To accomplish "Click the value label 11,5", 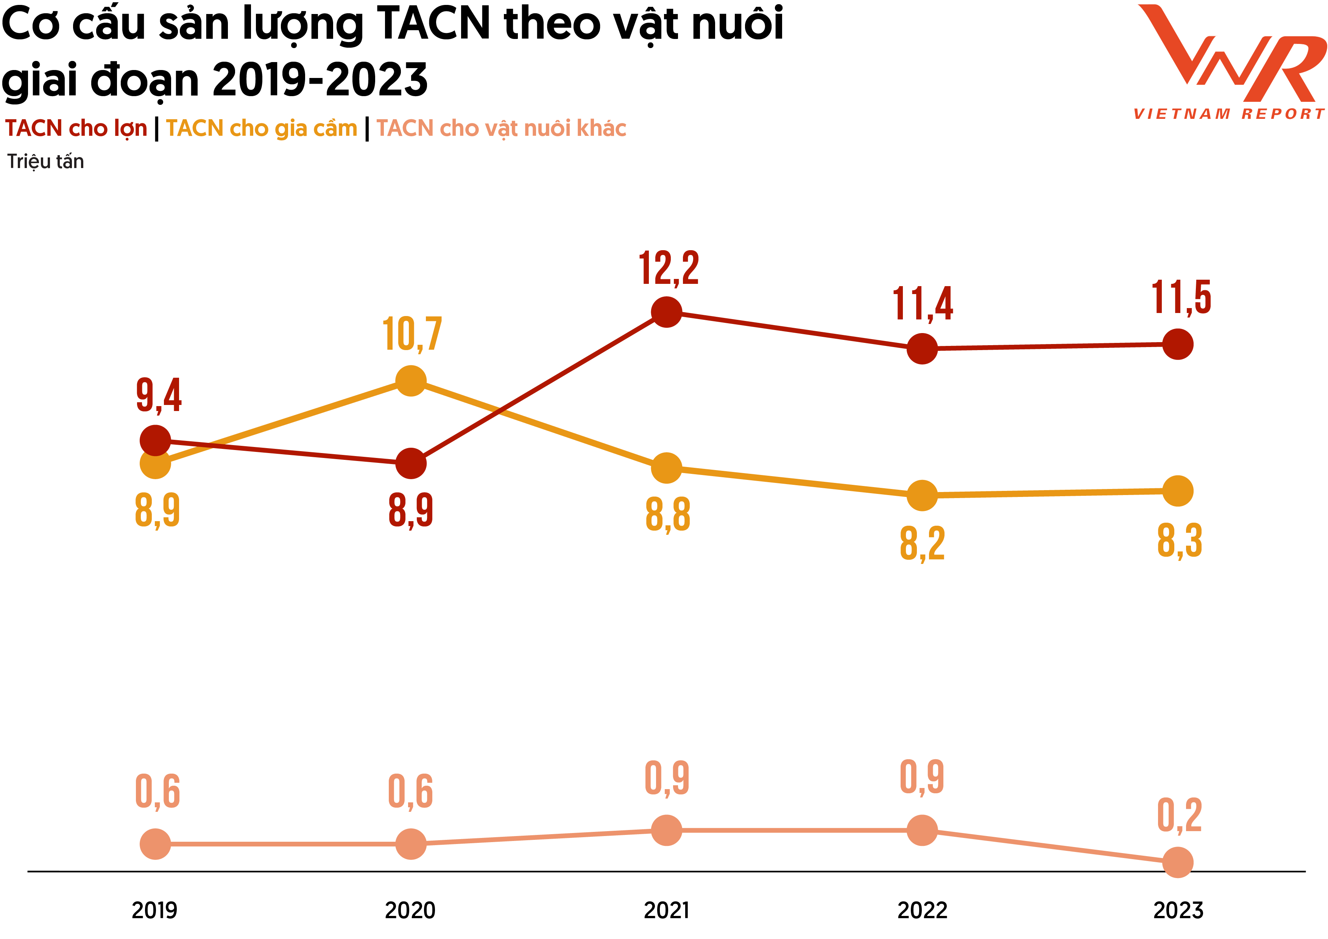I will pos(1181,298).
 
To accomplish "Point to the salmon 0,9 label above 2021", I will pos(667,778).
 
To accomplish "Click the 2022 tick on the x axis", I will pos(922,910).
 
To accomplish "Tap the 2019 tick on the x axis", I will pos(154,910).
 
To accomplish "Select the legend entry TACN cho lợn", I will pos(76,128).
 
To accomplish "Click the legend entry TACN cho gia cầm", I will pos(262,128).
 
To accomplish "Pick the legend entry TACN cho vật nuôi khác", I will pos(501,128).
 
